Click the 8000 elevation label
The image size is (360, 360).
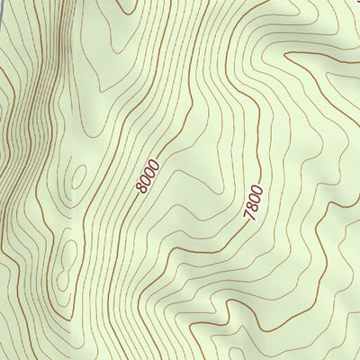pyautogui.click(x=148, y=175)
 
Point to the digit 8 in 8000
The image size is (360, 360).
pyautogui.click(x=142, y=187)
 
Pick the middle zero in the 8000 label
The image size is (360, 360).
pyautogui.click(x=150, y=172)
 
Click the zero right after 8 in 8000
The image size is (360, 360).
pyautogui.click(x=146, y=179)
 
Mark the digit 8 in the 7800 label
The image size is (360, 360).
pyautogui.click(x=251, y=205)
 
